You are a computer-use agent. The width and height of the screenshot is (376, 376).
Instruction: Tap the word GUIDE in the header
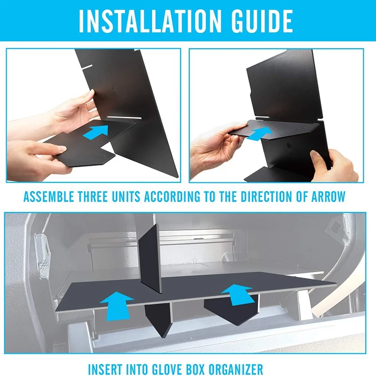[262, 21]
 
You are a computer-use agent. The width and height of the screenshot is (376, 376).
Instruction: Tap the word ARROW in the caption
[328, 196]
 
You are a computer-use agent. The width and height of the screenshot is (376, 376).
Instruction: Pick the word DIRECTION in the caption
[266, 196]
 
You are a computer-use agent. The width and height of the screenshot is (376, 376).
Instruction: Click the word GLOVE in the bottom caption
[145, 369]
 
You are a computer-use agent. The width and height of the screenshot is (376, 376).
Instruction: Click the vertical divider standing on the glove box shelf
[150, 259]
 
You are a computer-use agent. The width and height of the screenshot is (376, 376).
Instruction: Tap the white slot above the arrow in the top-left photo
[124, 117]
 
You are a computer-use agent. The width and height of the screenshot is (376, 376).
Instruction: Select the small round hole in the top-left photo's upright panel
[114, 88]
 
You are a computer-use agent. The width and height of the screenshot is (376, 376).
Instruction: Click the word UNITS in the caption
[126, 196]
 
